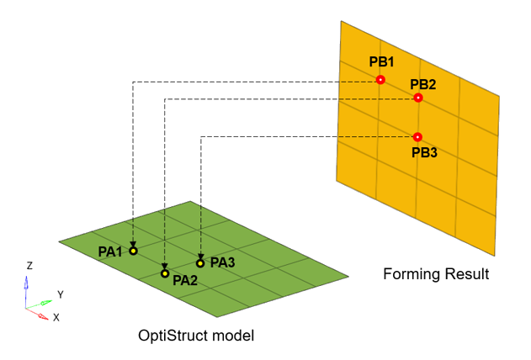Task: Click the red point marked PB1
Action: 380,80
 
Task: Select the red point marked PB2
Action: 418,98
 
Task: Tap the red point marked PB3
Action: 418,136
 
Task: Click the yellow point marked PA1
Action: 133,251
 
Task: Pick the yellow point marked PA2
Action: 165,273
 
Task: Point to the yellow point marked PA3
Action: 200,263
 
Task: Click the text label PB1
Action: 381,62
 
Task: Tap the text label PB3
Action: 424,153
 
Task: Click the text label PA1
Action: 110,251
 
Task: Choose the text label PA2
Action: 185,281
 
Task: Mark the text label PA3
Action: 222,262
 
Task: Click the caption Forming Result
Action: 436,274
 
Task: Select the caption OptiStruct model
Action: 196,336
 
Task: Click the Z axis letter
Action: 29,266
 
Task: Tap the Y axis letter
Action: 60,294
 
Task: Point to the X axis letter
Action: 56,318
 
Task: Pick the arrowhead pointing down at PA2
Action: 165,265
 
